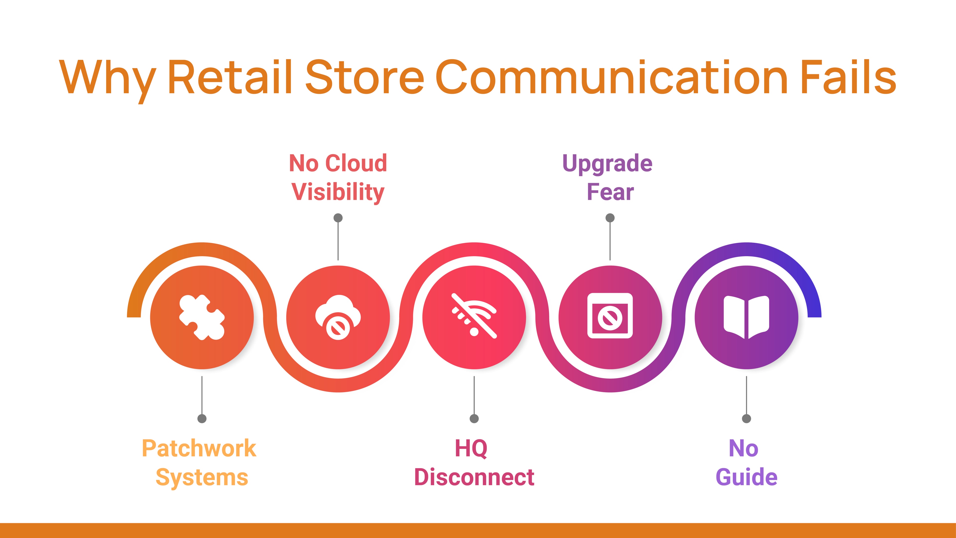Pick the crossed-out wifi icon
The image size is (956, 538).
(x=474, y=316)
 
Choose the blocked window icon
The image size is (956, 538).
(x=610, y=316)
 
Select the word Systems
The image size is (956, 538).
(x=202, y=477)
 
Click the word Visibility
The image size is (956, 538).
(x=338, y=192)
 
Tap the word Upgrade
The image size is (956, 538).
(x=607, y=164)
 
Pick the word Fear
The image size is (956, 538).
(x=610, y=192)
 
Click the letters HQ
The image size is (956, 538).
(x=471, y=449)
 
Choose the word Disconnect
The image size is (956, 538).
(x=474, y=477)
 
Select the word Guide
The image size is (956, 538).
(x=746, y=477)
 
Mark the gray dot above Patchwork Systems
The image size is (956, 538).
(x=202, y=419)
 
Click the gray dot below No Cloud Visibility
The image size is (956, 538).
(x=338, y=218)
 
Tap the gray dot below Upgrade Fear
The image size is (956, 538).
(x=610, y=218)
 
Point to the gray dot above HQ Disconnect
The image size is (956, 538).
(x=474, y=419)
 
